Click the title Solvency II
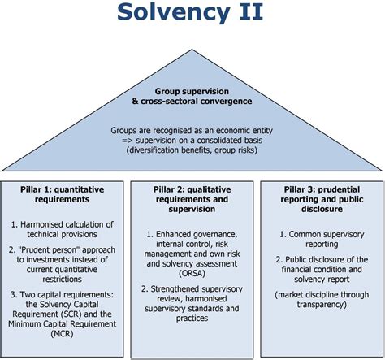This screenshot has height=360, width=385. click(192, 14)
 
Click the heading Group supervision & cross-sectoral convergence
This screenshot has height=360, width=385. click(192, 97)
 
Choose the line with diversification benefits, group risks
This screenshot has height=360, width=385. click(192, 151)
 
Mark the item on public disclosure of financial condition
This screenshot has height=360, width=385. click(322, 268)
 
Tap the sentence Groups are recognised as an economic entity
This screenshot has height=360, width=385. click(192, 130)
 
